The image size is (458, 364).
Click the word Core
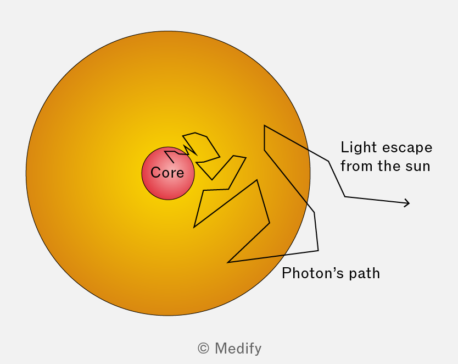pyautogui.click(x=167, y=172)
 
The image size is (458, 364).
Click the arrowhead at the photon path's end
pyautogui.click(x=407, y=203)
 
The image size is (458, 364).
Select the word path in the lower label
pyautogui.click(x=365, y=274)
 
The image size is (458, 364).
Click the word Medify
pyautogui.click(x=238, y=349)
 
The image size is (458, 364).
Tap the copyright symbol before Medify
pyautogui.click(x=203, y=348)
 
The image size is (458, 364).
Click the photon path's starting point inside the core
pyautogui.click(x=174, y=163)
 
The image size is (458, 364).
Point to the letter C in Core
pyautogui.click(x=155, y=172)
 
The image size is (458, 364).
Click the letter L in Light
pyautogui.click(x=345, y=147)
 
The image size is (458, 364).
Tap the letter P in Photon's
pyautogui.click(x=287, y=273)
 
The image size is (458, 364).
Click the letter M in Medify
pyautogui.click(x=221, y=348)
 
